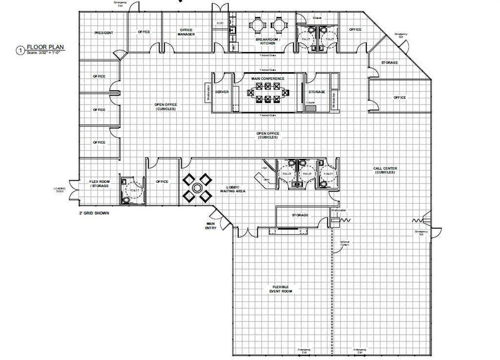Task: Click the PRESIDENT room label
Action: (104, 33)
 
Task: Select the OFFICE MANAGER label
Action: (187, 32)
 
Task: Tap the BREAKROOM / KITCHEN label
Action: (265, 41)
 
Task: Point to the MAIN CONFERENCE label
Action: (268, 78)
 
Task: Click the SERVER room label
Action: (222, 92)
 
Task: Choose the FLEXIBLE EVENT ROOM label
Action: (280, 289)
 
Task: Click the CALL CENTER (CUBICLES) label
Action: (385, 170)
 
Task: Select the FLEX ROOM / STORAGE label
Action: (99, 184)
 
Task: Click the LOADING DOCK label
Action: (60, 190)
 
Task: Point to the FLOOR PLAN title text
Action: (45, 47)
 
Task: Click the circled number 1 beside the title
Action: (20, 50)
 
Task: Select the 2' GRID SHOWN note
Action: (94, 213)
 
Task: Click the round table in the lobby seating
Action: (197, 188)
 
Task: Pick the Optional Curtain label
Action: (345, 243)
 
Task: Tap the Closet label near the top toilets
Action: (317, 19)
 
